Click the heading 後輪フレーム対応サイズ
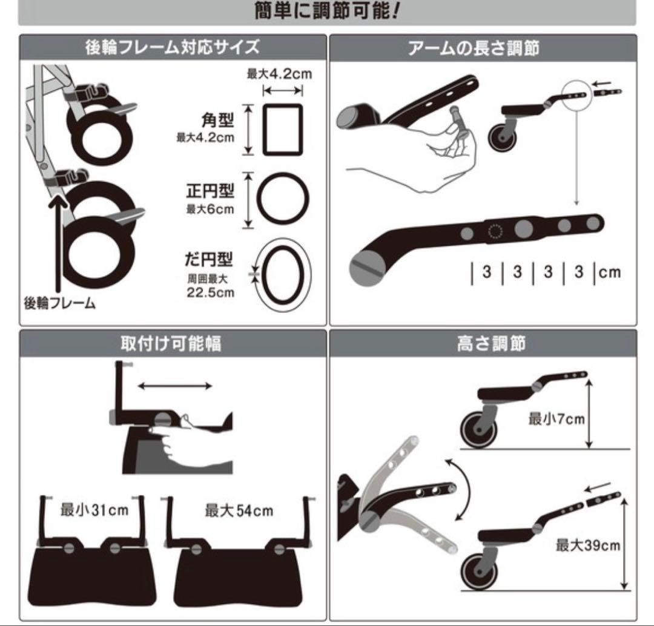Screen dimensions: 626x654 click(x=173, y=47)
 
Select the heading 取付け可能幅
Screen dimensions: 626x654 click(x=173, y=343)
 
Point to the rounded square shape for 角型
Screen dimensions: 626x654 click(x=282, y=130)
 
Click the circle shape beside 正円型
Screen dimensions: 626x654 click(x=282, y=199)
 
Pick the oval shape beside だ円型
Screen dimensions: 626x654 click(x=282, y=274)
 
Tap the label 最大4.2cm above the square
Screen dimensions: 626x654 click(x=279, y=74)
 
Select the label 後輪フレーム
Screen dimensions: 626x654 click(x=59, y=303)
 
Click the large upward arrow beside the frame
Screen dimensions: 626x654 click(x=58, y=242)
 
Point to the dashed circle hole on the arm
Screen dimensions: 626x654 click(x=495, y=232)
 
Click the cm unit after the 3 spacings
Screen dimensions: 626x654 click(x=610, y=272)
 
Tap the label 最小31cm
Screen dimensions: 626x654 click(x=94, y=510)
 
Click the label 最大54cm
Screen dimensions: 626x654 click(x=239, y=510)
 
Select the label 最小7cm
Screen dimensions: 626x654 click(x=556, y=418)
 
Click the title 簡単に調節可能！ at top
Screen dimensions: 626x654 click(x=328, y=10)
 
